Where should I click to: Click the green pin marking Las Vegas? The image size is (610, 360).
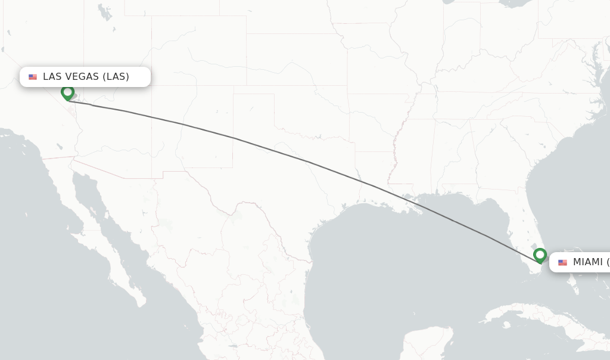(67, 92)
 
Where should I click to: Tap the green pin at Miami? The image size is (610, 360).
(540, 255)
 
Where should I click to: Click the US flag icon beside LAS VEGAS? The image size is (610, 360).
(33, 77)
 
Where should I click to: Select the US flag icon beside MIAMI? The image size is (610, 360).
(562, 262)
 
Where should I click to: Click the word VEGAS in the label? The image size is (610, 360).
(82, 76)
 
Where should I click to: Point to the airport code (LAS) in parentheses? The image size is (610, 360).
(116, 76)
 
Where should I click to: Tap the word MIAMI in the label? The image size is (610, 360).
(587, 262)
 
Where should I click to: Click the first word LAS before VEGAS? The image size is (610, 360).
(52, 76)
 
